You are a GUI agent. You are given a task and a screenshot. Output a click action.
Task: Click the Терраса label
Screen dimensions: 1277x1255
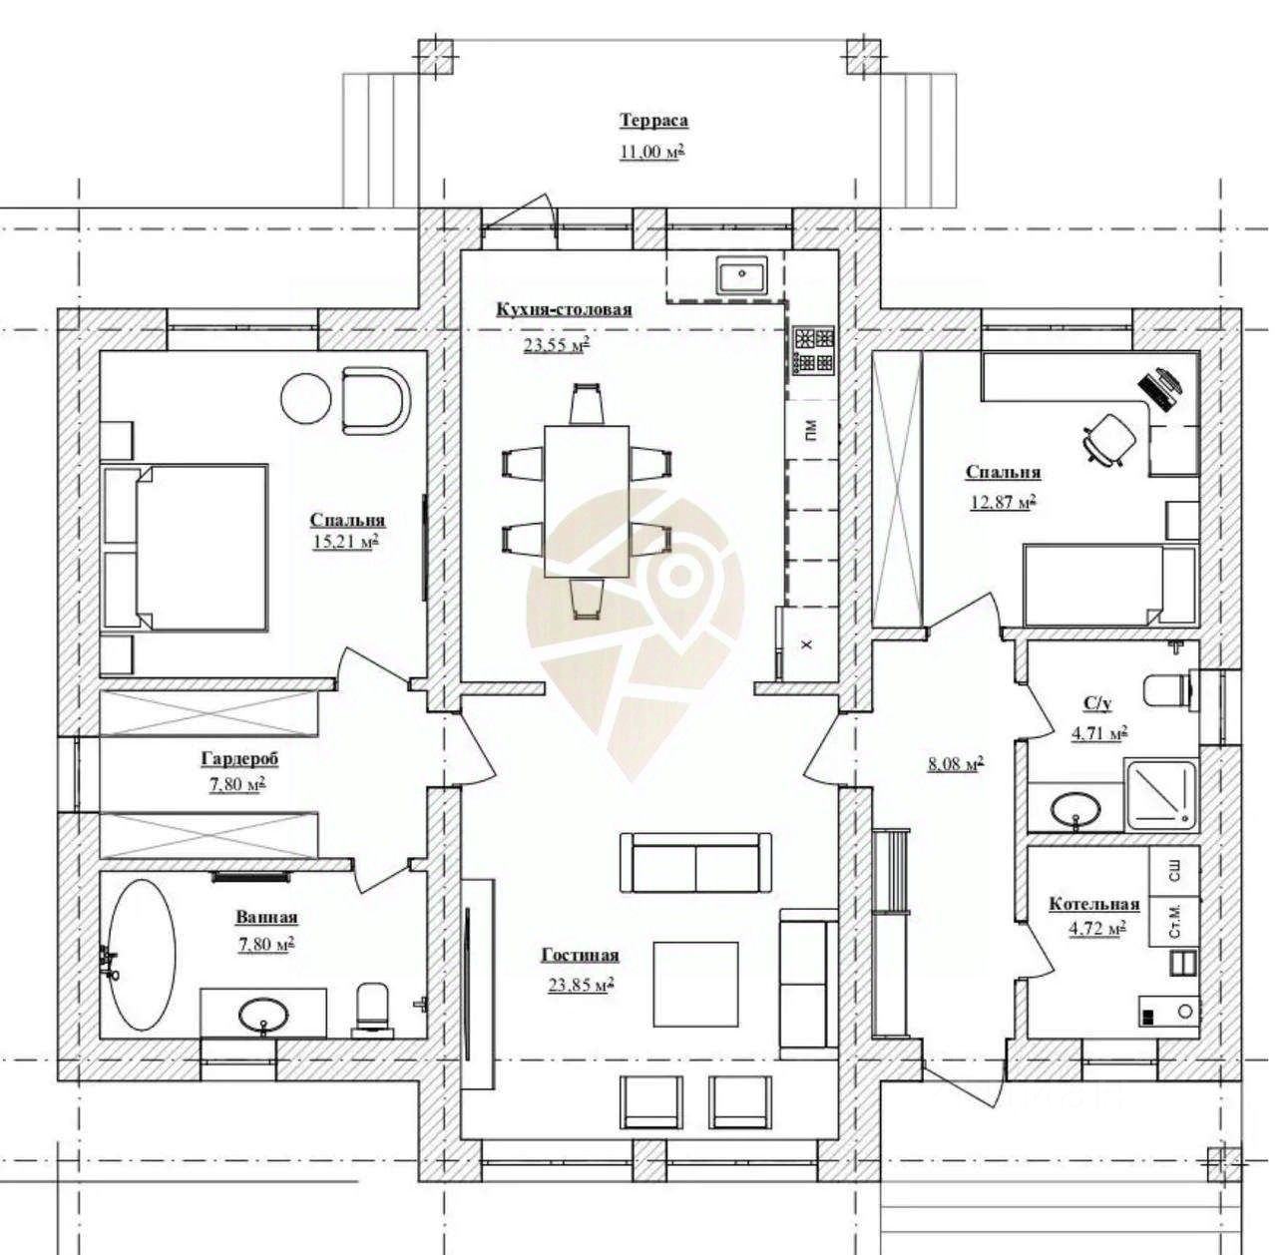(653, 122)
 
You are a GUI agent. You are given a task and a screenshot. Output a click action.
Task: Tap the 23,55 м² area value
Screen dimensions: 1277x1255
(556, 345)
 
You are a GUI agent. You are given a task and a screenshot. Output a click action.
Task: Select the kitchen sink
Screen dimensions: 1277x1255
(741, 275)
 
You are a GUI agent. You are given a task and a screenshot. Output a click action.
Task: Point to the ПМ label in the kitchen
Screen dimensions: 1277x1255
(812, 430)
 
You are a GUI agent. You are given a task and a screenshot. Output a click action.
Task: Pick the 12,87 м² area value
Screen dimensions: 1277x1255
(1003, 502)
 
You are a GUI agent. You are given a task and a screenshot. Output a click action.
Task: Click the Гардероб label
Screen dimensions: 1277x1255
(239, 759)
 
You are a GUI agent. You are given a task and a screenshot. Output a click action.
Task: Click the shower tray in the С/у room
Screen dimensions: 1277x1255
(1160, 795)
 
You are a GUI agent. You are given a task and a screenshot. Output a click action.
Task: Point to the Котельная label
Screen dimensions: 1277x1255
(1094, 904)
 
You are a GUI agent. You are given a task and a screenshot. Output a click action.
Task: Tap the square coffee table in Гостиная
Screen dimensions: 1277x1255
(695, 985)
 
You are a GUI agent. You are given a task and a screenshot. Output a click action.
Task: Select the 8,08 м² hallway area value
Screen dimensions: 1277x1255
(955, 764)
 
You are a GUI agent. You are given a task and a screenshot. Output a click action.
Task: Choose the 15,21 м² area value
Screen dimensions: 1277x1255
(344, 541)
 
